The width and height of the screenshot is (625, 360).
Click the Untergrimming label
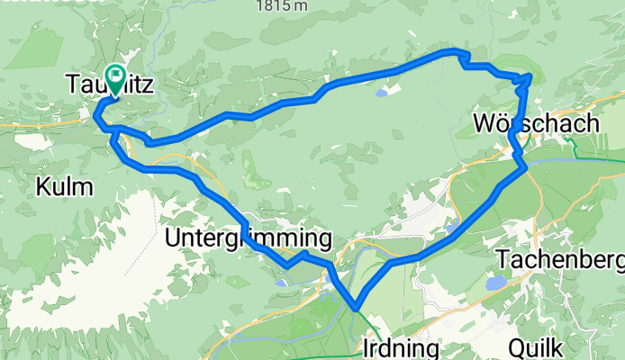(x=249, y=238)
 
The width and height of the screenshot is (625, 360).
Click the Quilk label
(x=537, y=347)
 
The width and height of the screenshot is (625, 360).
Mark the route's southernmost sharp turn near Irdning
(x=357, y=308)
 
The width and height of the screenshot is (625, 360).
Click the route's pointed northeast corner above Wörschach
(x=530, y=77)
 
